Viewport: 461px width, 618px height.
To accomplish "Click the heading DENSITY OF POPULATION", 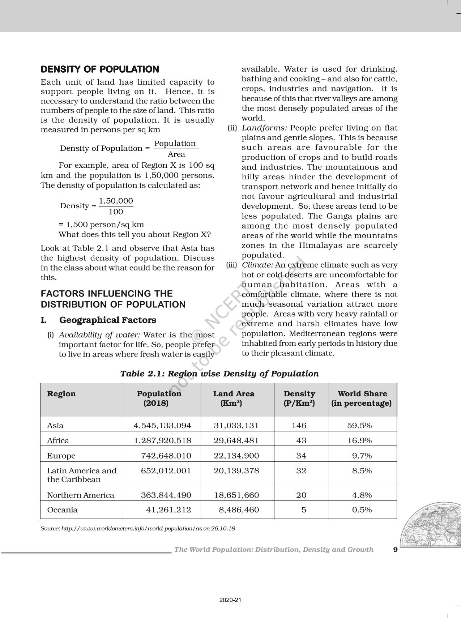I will point(100,69).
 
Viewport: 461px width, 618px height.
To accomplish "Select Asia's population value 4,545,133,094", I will point(162,425).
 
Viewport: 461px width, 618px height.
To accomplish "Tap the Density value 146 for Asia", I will point(299,425).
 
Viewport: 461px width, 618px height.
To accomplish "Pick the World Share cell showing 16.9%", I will point(359,440).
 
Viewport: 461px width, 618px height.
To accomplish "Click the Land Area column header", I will point(234,398).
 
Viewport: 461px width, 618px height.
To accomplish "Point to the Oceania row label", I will point(62,510).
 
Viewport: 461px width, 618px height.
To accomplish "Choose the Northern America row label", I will point(81,495).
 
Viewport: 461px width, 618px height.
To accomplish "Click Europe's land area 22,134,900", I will point(236,456).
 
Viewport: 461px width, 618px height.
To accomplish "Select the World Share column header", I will point(362,398).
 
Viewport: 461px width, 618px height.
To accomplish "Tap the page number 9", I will point(395,550).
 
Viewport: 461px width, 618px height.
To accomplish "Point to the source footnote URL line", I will point(138,528).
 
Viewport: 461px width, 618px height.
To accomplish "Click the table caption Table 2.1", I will point(219,374).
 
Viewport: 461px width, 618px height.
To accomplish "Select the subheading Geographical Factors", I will point(107,320).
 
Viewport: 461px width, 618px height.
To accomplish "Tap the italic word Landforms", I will point(264,128).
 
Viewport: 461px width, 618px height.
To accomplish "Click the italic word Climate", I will point(257,265).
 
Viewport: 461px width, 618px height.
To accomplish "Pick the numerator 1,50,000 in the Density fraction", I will point(116,201).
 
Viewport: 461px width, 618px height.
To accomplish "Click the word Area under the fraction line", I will point(176,154).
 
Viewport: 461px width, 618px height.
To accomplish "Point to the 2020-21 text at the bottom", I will point(230,600).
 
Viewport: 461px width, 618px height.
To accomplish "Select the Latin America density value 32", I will point(301,470).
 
